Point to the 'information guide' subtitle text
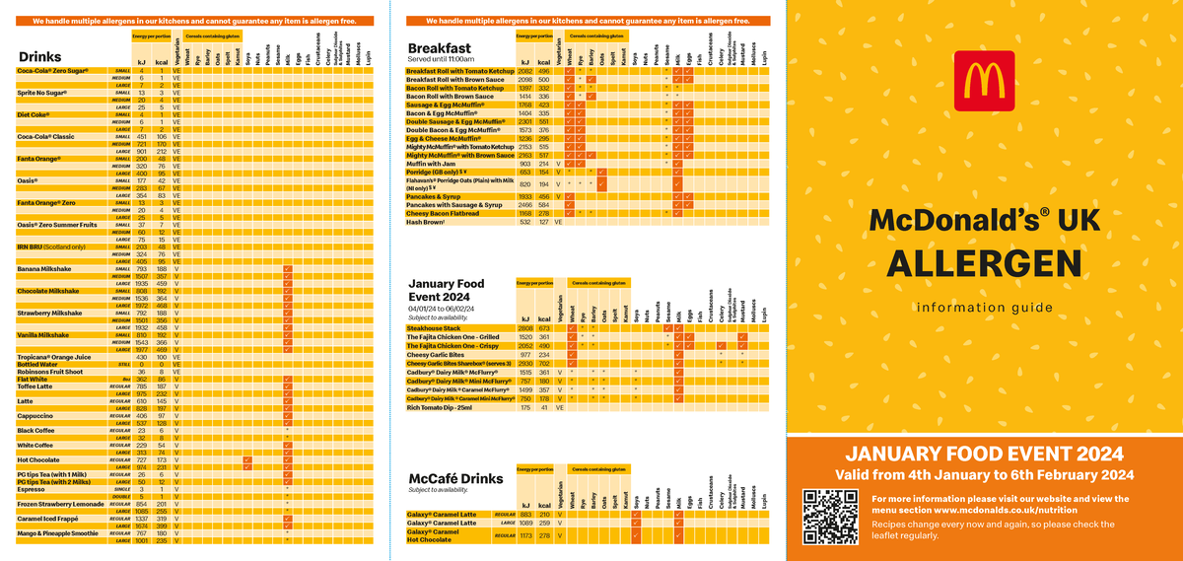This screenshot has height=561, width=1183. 984,308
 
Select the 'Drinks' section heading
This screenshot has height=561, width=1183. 39,57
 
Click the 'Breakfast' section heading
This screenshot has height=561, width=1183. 440,47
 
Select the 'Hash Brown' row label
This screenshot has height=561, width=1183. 428,222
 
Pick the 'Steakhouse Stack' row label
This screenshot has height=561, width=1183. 436,327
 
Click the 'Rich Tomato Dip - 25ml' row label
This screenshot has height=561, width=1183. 446,406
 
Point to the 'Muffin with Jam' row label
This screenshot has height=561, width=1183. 435,163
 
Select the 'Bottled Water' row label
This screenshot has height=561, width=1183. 41,364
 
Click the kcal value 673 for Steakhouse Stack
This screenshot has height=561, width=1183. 542,327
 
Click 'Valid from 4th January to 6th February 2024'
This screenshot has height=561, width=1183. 984,475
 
